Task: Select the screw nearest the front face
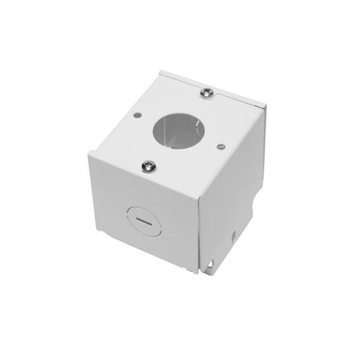pos(149,165)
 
